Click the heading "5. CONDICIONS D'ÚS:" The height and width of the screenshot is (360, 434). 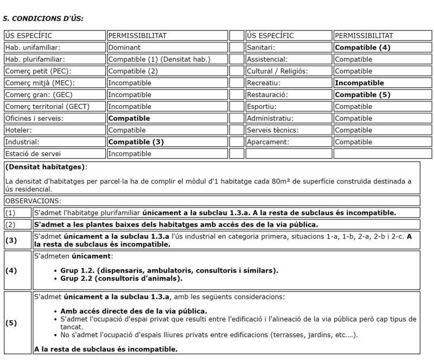pyautogui.click(x=43, y=18)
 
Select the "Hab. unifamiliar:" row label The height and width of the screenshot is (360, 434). pyautogui.click(x=33, y=48)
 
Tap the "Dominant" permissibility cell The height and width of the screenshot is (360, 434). pyautogui.click(x=124, y=48)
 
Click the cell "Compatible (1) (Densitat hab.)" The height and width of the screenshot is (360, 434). pyautogui.click(x=159, y=60)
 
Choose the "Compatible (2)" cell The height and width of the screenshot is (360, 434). pyautogui.click(x=133, y=71)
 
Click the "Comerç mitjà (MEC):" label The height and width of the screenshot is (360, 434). pyautogui.click(x=40, y=83)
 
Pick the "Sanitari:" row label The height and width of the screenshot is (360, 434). pyautogui.click(x=260, y=48)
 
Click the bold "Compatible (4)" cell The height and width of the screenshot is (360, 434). pyautogui.click(x=362, y=48)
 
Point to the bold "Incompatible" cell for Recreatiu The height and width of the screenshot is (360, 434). pyautogui.click(x=359, y=83)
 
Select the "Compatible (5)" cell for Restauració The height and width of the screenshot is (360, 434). pyautogui.click(x=362, y=95)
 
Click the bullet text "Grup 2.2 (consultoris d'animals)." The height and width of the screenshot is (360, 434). pyautogui.click(x=122, y=279)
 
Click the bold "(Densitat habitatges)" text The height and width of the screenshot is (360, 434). pyautogui.click(x=45, y=167)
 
